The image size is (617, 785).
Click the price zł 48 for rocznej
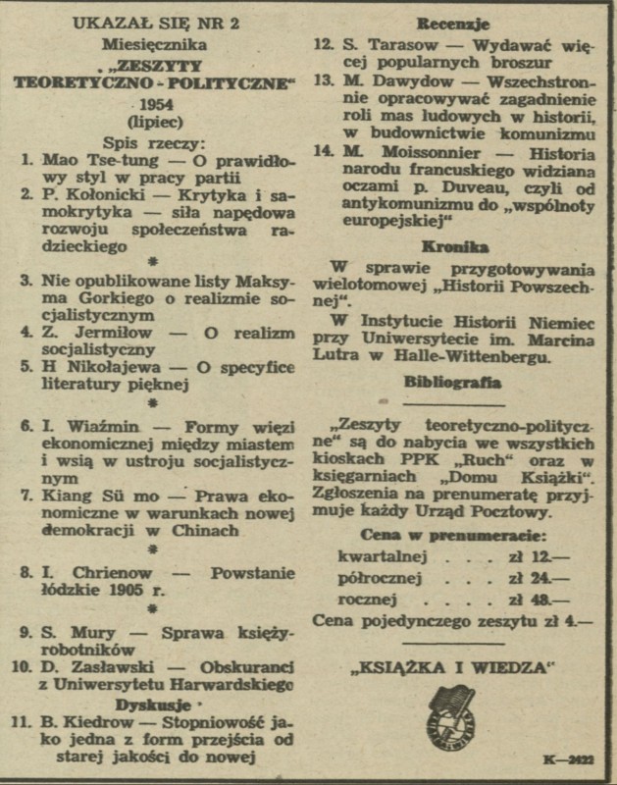click(547, 598)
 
